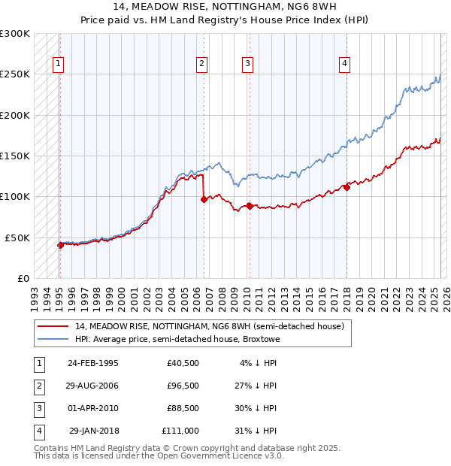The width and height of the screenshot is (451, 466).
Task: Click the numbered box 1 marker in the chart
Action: point(59,64)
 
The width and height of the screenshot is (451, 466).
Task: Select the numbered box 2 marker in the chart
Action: point(202,64)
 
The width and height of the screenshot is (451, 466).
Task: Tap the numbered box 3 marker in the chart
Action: point(247,64)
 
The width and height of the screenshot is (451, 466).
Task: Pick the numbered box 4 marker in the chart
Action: point(344,64)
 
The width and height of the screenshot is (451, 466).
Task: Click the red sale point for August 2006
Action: point(204,199)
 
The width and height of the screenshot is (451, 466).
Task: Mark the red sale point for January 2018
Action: point(347,188)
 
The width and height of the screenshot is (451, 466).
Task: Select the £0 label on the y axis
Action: point(23,278)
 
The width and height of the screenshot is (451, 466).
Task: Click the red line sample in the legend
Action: point(53,326)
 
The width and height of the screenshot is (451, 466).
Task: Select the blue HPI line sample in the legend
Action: point(53,339)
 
